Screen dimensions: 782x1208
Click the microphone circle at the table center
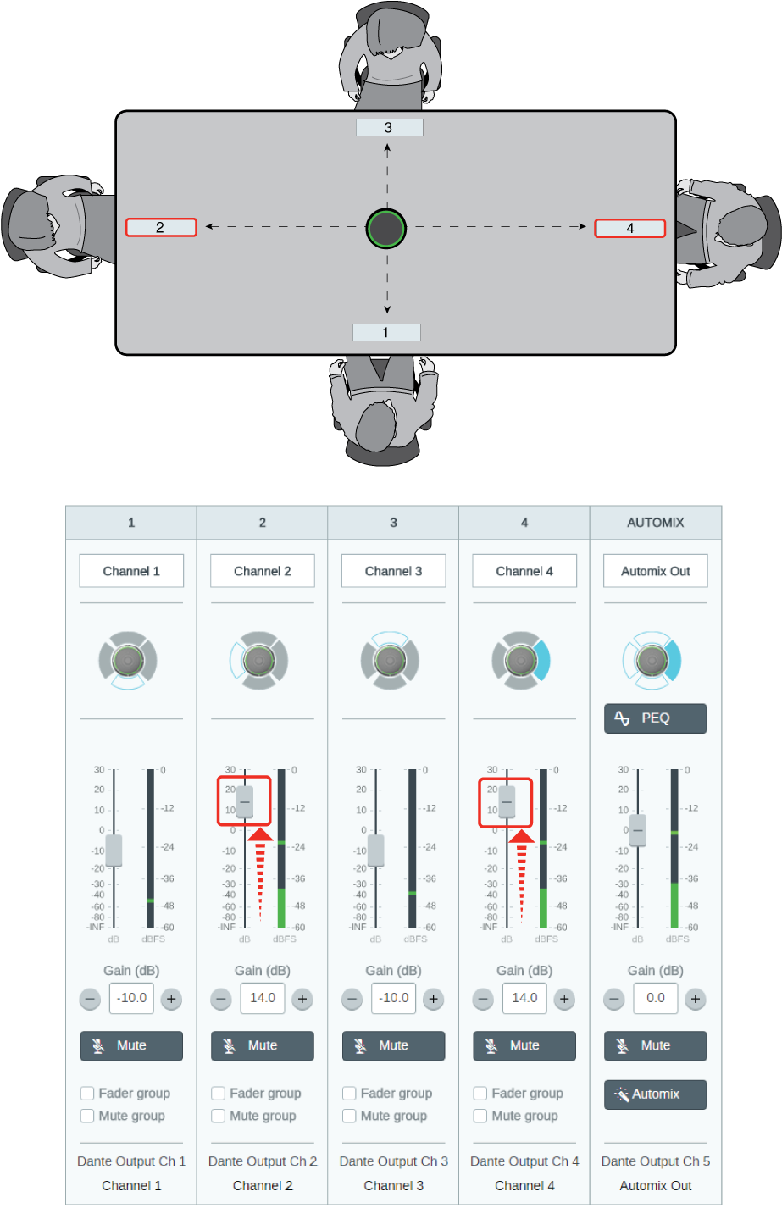[385, 228]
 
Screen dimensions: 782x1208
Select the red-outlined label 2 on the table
[161, 228]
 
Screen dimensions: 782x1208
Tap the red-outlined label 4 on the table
[629, 228]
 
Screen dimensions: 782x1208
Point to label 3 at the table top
[389, 128]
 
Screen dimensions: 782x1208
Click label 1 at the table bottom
[386, 332]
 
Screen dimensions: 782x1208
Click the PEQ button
[655, 718]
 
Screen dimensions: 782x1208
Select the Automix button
[655, 1094]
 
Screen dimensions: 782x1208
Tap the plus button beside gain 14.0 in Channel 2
[302, 999]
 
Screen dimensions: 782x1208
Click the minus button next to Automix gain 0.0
[613, 999]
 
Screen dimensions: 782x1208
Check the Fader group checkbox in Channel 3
[349, 1093]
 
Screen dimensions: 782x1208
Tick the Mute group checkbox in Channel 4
[480, 1116]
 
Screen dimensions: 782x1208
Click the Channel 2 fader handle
[245, 802]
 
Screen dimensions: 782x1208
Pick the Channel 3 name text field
[393, 571]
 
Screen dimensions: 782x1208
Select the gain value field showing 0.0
[655, 998]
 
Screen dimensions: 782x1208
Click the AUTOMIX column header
[655, 523]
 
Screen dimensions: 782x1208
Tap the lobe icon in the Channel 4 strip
[520, 660]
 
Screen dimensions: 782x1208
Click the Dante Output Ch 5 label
[655, 1161]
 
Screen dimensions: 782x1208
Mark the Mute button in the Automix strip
[655, 1045]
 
